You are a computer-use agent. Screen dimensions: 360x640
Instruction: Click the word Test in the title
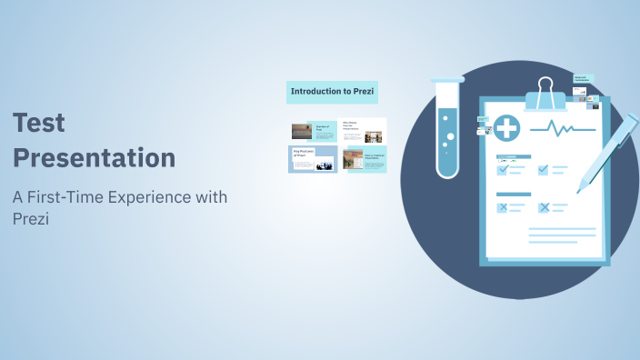pos(38,123)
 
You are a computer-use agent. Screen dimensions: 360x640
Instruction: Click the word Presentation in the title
pos(94,157)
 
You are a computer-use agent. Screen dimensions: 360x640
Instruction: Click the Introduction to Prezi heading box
pos(332,91)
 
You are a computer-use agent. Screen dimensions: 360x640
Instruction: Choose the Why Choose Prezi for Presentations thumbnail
pos(363,131)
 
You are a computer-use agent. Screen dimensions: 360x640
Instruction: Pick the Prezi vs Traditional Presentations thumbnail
pos(363,159)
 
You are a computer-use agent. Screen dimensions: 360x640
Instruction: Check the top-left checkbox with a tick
pos(502,169)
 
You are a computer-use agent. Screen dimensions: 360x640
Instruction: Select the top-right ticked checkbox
pos(544,169)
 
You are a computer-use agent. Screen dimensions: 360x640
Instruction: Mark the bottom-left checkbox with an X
pos(502,207)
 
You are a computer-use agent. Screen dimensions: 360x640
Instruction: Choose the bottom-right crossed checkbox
pos(544,207)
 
